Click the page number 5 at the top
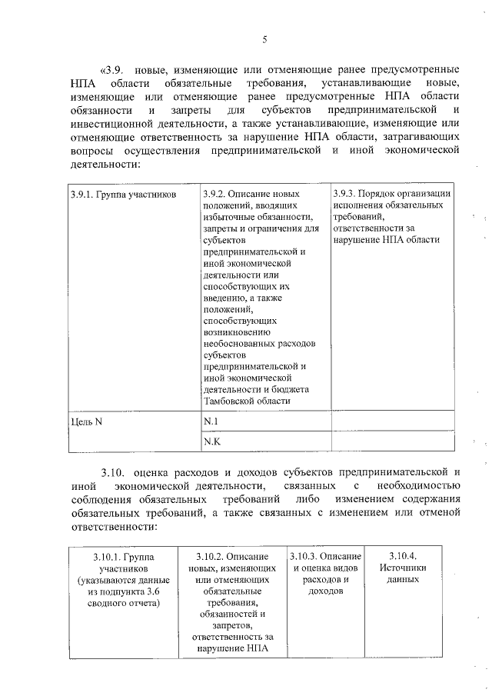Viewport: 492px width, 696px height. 264,40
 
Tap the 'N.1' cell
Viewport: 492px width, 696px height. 211,421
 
